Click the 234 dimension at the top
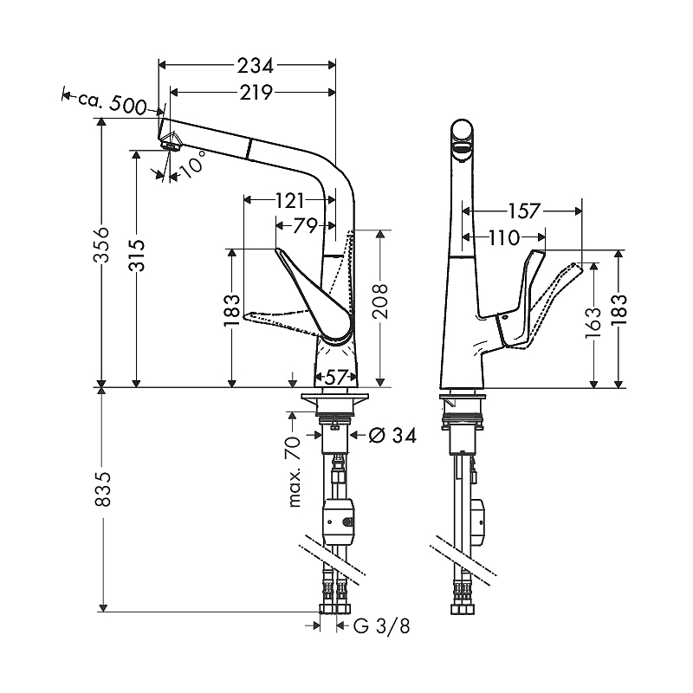[256, 66]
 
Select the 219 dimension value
[256, 93]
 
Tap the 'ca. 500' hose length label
[113, 103]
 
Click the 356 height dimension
[101, 245]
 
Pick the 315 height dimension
[137, 255]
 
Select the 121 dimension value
[289, 201]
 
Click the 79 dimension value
[306, 226]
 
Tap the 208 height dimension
[379, 301]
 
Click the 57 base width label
[336, 377]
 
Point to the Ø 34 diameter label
[392, 436]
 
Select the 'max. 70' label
[294, 471]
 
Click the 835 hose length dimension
[102, 489]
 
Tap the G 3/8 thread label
[382, 625]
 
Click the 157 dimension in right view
[524, 211]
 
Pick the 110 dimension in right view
[504, 237]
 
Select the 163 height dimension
[593, 322]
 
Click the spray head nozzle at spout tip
[171, 142]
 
